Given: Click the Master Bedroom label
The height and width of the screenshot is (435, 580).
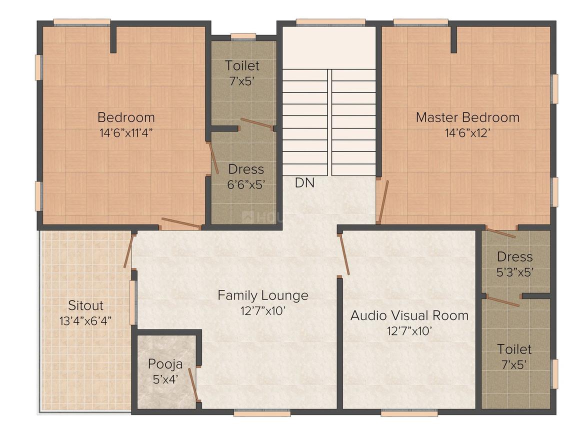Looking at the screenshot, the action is [x=467, y=117].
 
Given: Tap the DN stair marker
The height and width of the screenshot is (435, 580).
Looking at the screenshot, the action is [x=305, y=182].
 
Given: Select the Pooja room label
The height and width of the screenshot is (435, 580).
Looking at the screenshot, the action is [x=165, y=364].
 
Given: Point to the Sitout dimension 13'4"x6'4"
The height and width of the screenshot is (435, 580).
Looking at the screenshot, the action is [x=85, y=320].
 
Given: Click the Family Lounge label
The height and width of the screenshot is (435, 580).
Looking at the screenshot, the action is [x=263, y=295].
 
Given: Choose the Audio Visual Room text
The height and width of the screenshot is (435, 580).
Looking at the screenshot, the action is [x=409, y=315].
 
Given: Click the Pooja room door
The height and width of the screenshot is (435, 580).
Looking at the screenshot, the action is [x=194, y=384].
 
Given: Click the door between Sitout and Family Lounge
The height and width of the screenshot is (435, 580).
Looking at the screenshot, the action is [x=128, y=250].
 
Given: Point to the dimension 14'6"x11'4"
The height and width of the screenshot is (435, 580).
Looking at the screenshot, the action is [x=126, y=133].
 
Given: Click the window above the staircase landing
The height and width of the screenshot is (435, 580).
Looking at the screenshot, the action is [x=330, y=22].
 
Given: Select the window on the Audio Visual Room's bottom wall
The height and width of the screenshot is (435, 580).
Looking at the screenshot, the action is [x=409, y=412].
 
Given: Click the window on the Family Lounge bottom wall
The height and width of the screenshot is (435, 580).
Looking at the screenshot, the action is [x=262, y=412].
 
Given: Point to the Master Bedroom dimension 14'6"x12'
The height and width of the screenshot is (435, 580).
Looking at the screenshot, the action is [x=467, y=133].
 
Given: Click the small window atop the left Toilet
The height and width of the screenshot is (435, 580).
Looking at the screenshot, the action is [x=243, y=36].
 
